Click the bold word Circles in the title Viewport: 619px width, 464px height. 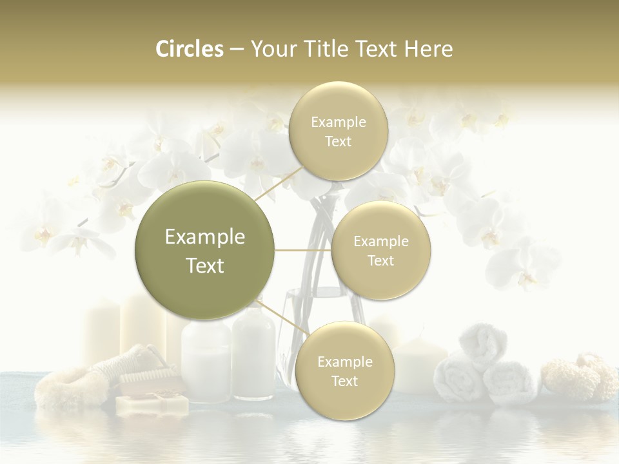189,49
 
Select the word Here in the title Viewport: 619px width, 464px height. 429,49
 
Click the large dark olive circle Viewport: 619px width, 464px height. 204,250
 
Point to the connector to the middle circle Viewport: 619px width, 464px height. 303,250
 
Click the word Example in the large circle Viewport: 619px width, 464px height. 204,237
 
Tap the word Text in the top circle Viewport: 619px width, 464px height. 338,142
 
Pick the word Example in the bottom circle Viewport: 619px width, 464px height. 344,362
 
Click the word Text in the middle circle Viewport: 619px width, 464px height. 380,260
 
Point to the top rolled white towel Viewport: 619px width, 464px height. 482,345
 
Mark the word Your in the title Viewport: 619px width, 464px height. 271,49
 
